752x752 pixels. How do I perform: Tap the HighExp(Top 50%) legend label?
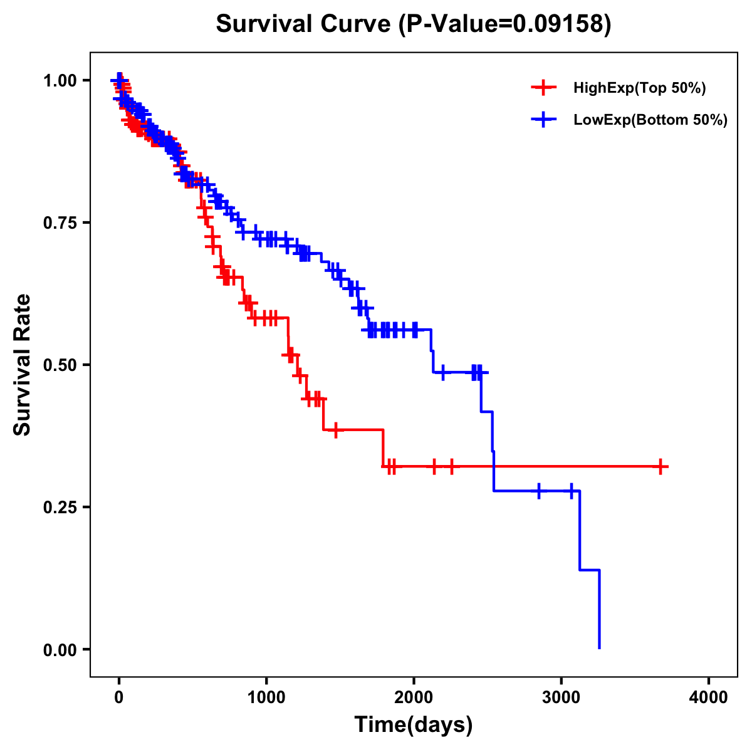(x=639, y=88)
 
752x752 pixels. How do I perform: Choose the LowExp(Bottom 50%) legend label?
(x=650, y=120)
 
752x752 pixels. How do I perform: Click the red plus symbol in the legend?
(x=543, y=88)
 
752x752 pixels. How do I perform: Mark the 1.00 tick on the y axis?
(x=61, y=81)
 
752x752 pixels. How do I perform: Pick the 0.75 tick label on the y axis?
(x=61, y=223)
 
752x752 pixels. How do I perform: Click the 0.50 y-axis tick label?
(x=61, y=365)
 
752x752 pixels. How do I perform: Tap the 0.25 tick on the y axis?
(x=61, y=508)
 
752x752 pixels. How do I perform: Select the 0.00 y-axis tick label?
(x=61, y=650)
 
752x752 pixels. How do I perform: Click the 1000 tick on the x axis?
(x=266, y=697)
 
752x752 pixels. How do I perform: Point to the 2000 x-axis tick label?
(x=414, y=697)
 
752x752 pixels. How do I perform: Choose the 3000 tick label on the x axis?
(x=561, y=697)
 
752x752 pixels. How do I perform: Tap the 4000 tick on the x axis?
(x=709, y=697)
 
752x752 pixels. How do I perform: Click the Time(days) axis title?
(x=414, y=725)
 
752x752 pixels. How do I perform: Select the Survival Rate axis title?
(x=23, y=365)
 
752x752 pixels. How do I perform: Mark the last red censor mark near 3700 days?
(x=661, y=466)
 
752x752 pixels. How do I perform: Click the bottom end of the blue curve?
(x=600, y=648)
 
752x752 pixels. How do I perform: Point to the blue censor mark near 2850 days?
(x=538, y=491)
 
